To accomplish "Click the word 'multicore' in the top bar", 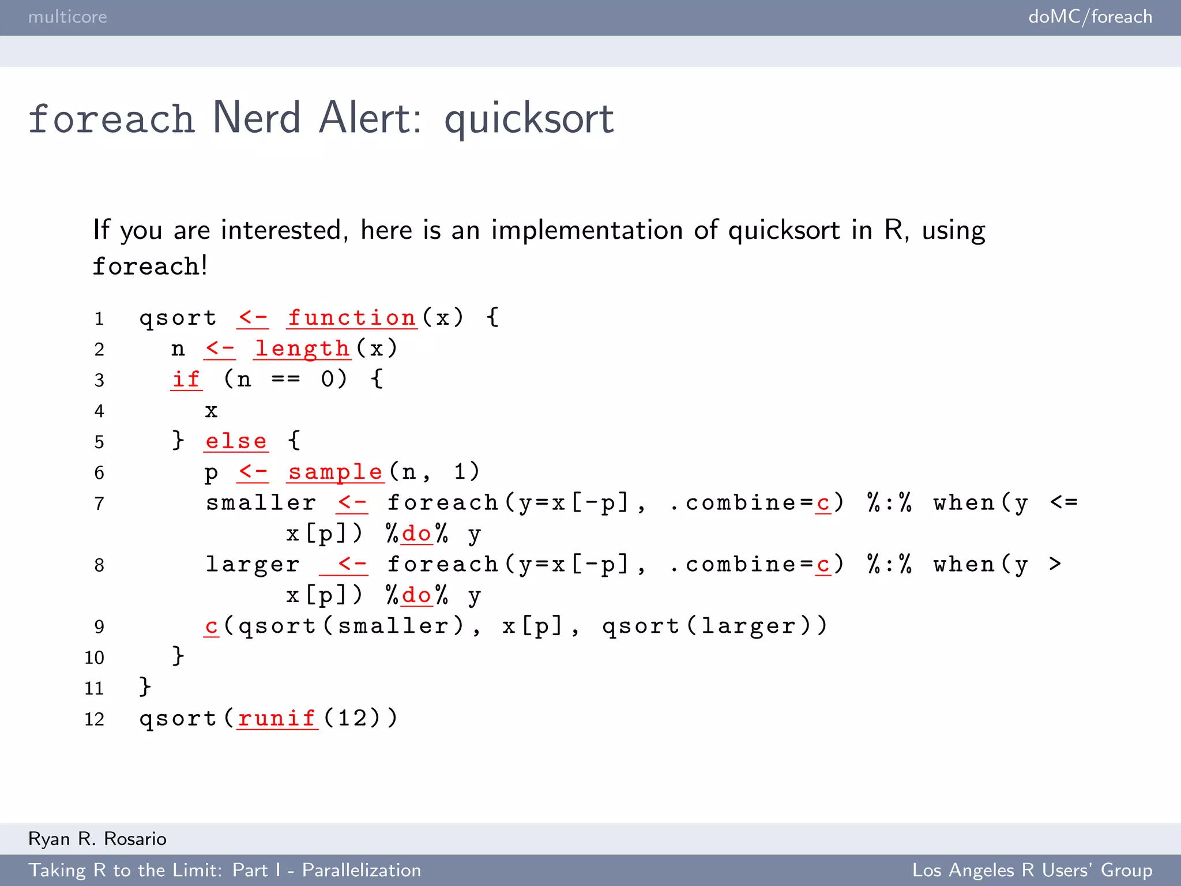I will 67,17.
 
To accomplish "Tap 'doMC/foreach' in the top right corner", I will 1090,17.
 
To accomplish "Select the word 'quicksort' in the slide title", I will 529,118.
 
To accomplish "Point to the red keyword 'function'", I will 352,318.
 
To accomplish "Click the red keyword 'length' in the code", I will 303,349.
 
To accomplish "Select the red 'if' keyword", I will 186,380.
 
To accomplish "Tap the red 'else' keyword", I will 236,441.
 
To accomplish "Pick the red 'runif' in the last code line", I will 277,719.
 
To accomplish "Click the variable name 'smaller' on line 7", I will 261,503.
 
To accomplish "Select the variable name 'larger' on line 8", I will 253,565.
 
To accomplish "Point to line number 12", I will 95,719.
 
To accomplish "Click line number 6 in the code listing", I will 99,473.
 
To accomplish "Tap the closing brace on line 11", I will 145,687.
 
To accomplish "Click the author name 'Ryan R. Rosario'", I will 97,839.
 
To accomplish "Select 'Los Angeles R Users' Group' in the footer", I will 1032,870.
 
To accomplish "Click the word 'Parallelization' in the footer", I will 362,870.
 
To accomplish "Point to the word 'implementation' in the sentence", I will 586,230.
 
